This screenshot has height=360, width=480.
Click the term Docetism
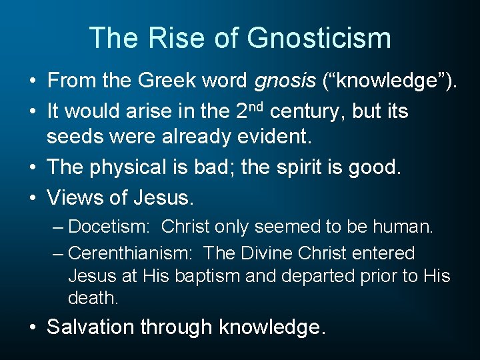(x=111, y=227)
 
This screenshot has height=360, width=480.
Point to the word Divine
(x=263, y=253)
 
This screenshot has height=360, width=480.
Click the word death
(x=93, y=299)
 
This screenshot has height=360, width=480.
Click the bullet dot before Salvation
(x=33, y=327)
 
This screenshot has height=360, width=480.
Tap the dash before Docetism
(x=59, y=227)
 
